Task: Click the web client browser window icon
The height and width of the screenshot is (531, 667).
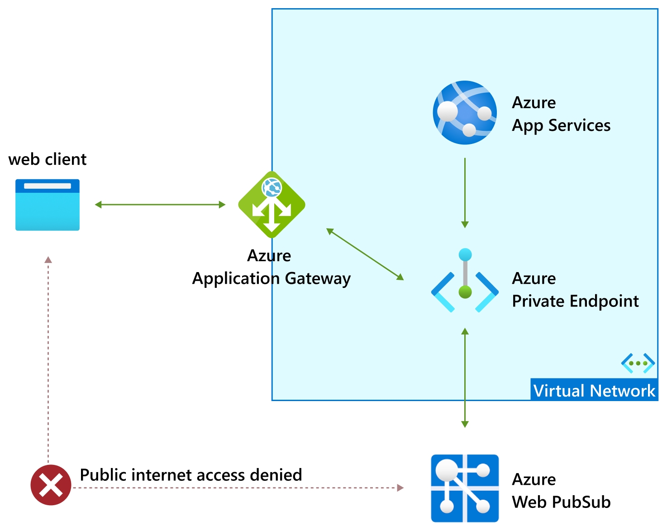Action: (x=48, y=205)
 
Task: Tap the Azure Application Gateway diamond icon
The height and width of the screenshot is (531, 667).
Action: (x=272, y=205)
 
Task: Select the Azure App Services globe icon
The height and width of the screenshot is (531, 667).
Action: (x=465, y=113)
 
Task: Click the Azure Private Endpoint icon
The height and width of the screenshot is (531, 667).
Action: (x=465, y=281)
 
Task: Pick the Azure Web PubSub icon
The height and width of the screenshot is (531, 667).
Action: (x=465, y=488)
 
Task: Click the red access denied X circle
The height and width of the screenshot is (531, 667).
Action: (x=51, y=485)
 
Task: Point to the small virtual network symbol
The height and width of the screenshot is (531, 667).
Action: (x=638, y=363)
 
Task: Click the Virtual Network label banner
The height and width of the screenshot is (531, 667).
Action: (x=594, y=390)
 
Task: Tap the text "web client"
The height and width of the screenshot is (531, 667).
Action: (x=48, y=159)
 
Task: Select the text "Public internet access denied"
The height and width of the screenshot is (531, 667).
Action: (x=191, y=475)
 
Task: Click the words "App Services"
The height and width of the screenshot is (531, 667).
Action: (x=561, y=125)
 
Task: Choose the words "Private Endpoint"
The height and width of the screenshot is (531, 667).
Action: (x=575, y=301)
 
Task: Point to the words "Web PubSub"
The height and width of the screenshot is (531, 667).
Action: (x=561, y=502)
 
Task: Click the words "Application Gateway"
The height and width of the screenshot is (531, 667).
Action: (x=272, y=278)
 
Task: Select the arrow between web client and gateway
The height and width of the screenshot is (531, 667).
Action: (x=160, y=205)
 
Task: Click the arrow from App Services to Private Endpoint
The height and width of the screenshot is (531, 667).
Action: (x=465, y=192)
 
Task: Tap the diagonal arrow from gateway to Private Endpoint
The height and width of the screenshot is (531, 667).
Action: (x=365, y=254)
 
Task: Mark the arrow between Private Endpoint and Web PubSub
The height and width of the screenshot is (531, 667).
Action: (x=465, y=378)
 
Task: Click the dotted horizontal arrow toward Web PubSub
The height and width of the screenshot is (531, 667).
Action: (x=238, y=488)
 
